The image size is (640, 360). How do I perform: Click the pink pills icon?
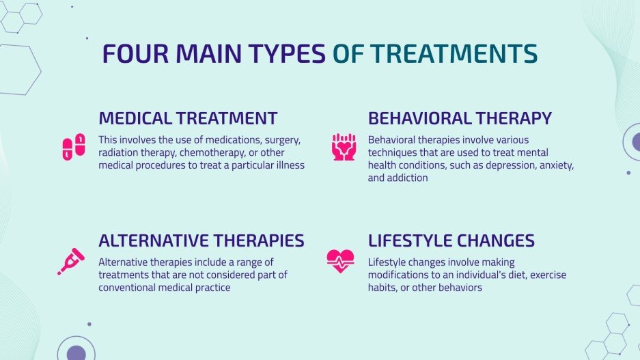pos(74,147)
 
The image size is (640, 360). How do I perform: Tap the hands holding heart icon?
pos(344,147)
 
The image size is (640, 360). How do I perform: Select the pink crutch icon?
pos(71,261)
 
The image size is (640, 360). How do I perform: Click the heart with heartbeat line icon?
pos(340,261)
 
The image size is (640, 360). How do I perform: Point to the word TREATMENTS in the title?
pos(454,53)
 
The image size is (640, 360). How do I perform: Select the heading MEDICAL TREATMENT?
pos(188,118)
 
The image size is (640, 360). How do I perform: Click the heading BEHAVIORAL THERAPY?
pos(460,118)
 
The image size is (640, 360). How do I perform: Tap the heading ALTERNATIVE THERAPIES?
pos(201,240)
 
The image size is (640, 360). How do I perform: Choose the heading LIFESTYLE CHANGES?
pos(451,240)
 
